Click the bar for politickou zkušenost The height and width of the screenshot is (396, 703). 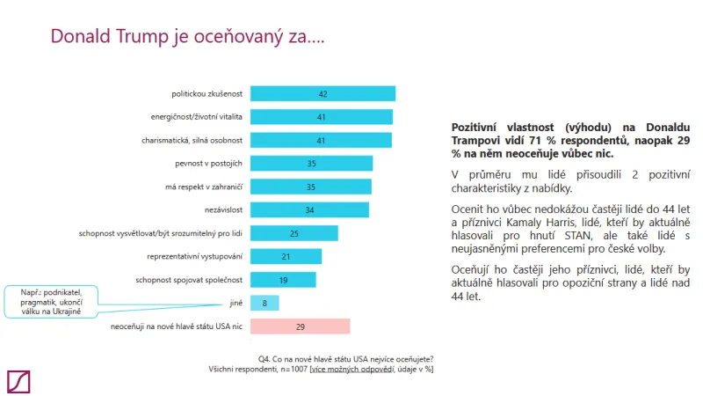(x=323, y=94)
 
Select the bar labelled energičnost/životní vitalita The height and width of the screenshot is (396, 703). (x=322, y=117)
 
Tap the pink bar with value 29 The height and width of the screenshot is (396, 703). (x=300, y=326)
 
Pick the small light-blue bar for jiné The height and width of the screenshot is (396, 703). (x=265, y=303)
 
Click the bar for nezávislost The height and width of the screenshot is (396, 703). (x=309, y=209)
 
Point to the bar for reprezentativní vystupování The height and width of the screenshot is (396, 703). (x=286, y=256)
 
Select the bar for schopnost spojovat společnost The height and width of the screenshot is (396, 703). (x=283, y=280)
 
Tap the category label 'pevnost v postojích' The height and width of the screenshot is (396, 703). (x=214, y=163)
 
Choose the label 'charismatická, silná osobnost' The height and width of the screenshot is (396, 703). (x=192, y=140)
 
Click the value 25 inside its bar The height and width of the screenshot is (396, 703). (x=294, y=233)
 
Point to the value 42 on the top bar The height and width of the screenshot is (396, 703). (x=323, y=94)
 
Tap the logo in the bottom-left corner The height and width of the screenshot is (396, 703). (x=18, y=380)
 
